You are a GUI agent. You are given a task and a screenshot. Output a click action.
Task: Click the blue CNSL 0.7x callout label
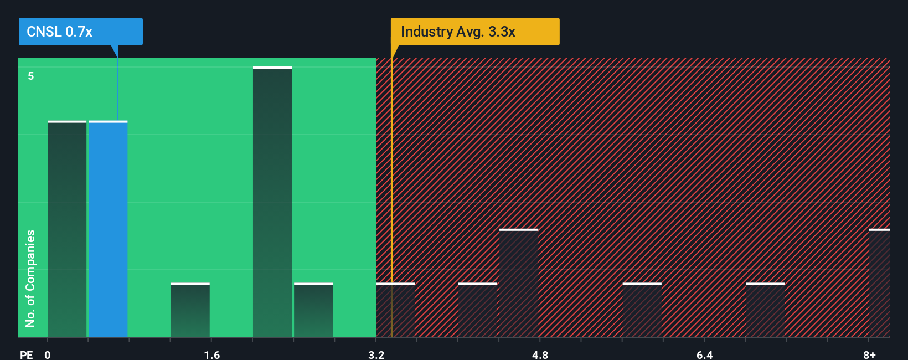(80, 32)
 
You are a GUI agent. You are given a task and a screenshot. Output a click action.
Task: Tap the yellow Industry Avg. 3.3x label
(474, 32)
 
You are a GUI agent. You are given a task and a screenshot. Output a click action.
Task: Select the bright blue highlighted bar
(108, 229)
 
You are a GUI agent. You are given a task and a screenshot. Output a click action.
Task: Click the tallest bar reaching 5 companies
(272, 202)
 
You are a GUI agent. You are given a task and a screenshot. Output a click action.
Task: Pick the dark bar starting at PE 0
(67, 229)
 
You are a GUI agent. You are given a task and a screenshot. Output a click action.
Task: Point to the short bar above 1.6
(190, 310)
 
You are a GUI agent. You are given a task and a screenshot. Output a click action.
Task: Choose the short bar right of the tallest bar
(313, 310)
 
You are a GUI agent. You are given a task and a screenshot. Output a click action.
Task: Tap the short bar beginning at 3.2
(395, 310)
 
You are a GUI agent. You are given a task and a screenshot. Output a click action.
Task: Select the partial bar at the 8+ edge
(879, 283)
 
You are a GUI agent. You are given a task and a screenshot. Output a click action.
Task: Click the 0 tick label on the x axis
(48, 354)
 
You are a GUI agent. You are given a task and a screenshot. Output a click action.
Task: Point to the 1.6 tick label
(211, 354)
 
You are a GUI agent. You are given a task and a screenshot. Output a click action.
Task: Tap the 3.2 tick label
(376, 354)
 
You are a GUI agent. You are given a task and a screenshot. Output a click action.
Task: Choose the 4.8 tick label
(540, 354)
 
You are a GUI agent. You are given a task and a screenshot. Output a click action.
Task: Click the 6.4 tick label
(704, 354)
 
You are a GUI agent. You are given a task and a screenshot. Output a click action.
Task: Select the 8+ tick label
(869, 354)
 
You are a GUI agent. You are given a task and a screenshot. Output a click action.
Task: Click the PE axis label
(26, 354)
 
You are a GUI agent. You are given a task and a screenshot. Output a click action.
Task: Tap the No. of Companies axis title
(30, 278)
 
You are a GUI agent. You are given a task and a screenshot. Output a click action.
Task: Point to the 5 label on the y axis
(31, 76)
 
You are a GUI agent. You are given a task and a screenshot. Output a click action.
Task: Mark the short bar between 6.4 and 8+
(765, 310)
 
